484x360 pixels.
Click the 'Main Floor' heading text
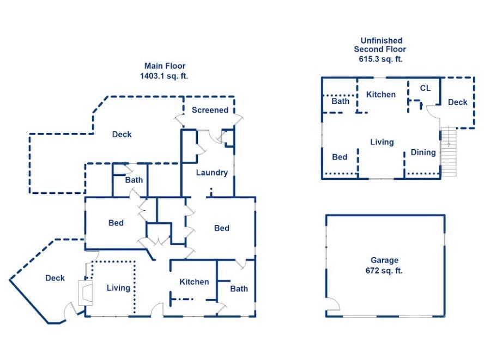point(164,66)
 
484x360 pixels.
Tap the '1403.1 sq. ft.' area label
point(164,76)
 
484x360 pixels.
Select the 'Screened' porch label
point(210,110)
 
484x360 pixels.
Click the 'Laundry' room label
point(211,173)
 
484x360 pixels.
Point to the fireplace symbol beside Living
point(84,292)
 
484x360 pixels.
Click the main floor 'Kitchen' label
point(194,282)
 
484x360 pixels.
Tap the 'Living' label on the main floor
point(118,288)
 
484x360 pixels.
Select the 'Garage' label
point(384,260)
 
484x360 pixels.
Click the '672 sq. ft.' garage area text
point(384,271)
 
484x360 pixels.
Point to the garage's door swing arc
point(332,306)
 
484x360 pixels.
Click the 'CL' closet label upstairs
point(425,88)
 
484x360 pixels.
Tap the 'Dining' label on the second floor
point(423,152)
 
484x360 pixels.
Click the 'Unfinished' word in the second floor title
point(381,40)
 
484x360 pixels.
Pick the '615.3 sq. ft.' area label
point(381,59)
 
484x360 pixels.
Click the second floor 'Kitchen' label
point(380,94)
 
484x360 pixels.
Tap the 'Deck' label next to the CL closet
point(457,102)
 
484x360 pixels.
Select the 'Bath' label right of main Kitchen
point(239,289)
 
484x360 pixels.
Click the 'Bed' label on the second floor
point(340,157)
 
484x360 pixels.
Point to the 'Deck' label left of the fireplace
point(55,278)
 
